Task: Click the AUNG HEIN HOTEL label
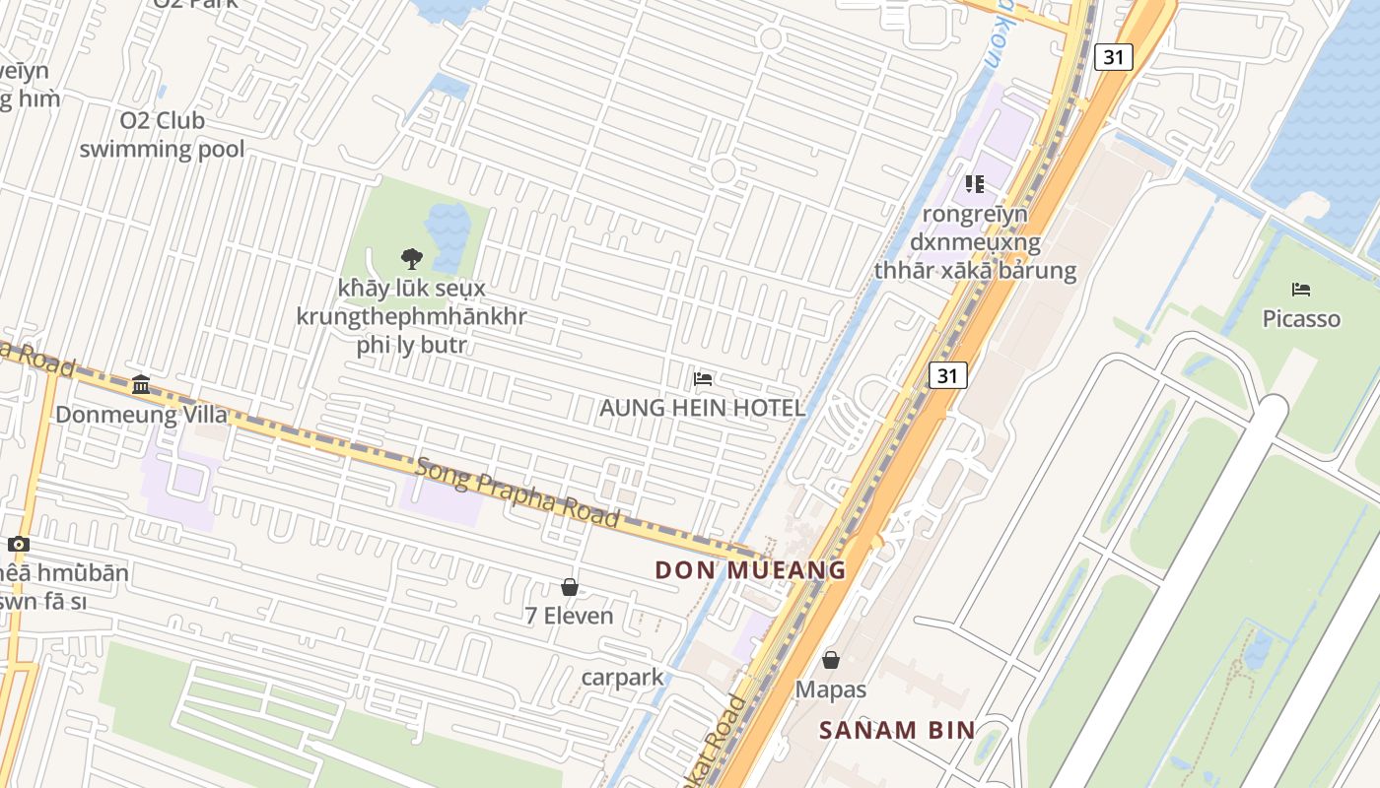tap(702, 408)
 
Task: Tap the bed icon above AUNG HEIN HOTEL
tap(703, 378)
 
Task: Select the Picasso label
tap(1301, 319)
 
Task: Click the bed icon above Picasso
tap(1301, 290)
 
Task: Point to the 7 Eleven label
tap(569, 617)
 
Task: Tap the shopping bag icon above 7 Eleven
tap(570, 588)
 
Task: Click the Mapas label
tap(831, 689)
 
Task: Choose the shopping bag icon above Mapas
tap(831, 660)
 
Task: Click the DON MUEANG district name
tap(750, 570)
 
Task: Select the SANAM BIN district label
tap(898, 731)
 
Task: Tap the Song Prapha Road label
tap(517, 491)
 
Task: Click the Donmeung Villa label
tap(141, 415)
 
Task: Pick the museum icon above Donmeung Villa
tap(141, 385)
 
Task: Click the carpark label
tap(623, 678)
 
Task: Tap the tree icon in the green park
tap(412, 259)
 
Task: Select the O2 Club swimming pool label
tap(162, 135)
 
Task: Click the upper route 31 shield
tap(1113, 57)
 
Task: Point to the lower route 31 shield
tap(947, 375)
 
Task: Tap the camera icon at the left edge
tap(18, 545)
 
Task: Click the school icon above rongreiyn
tap(975, 184)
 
